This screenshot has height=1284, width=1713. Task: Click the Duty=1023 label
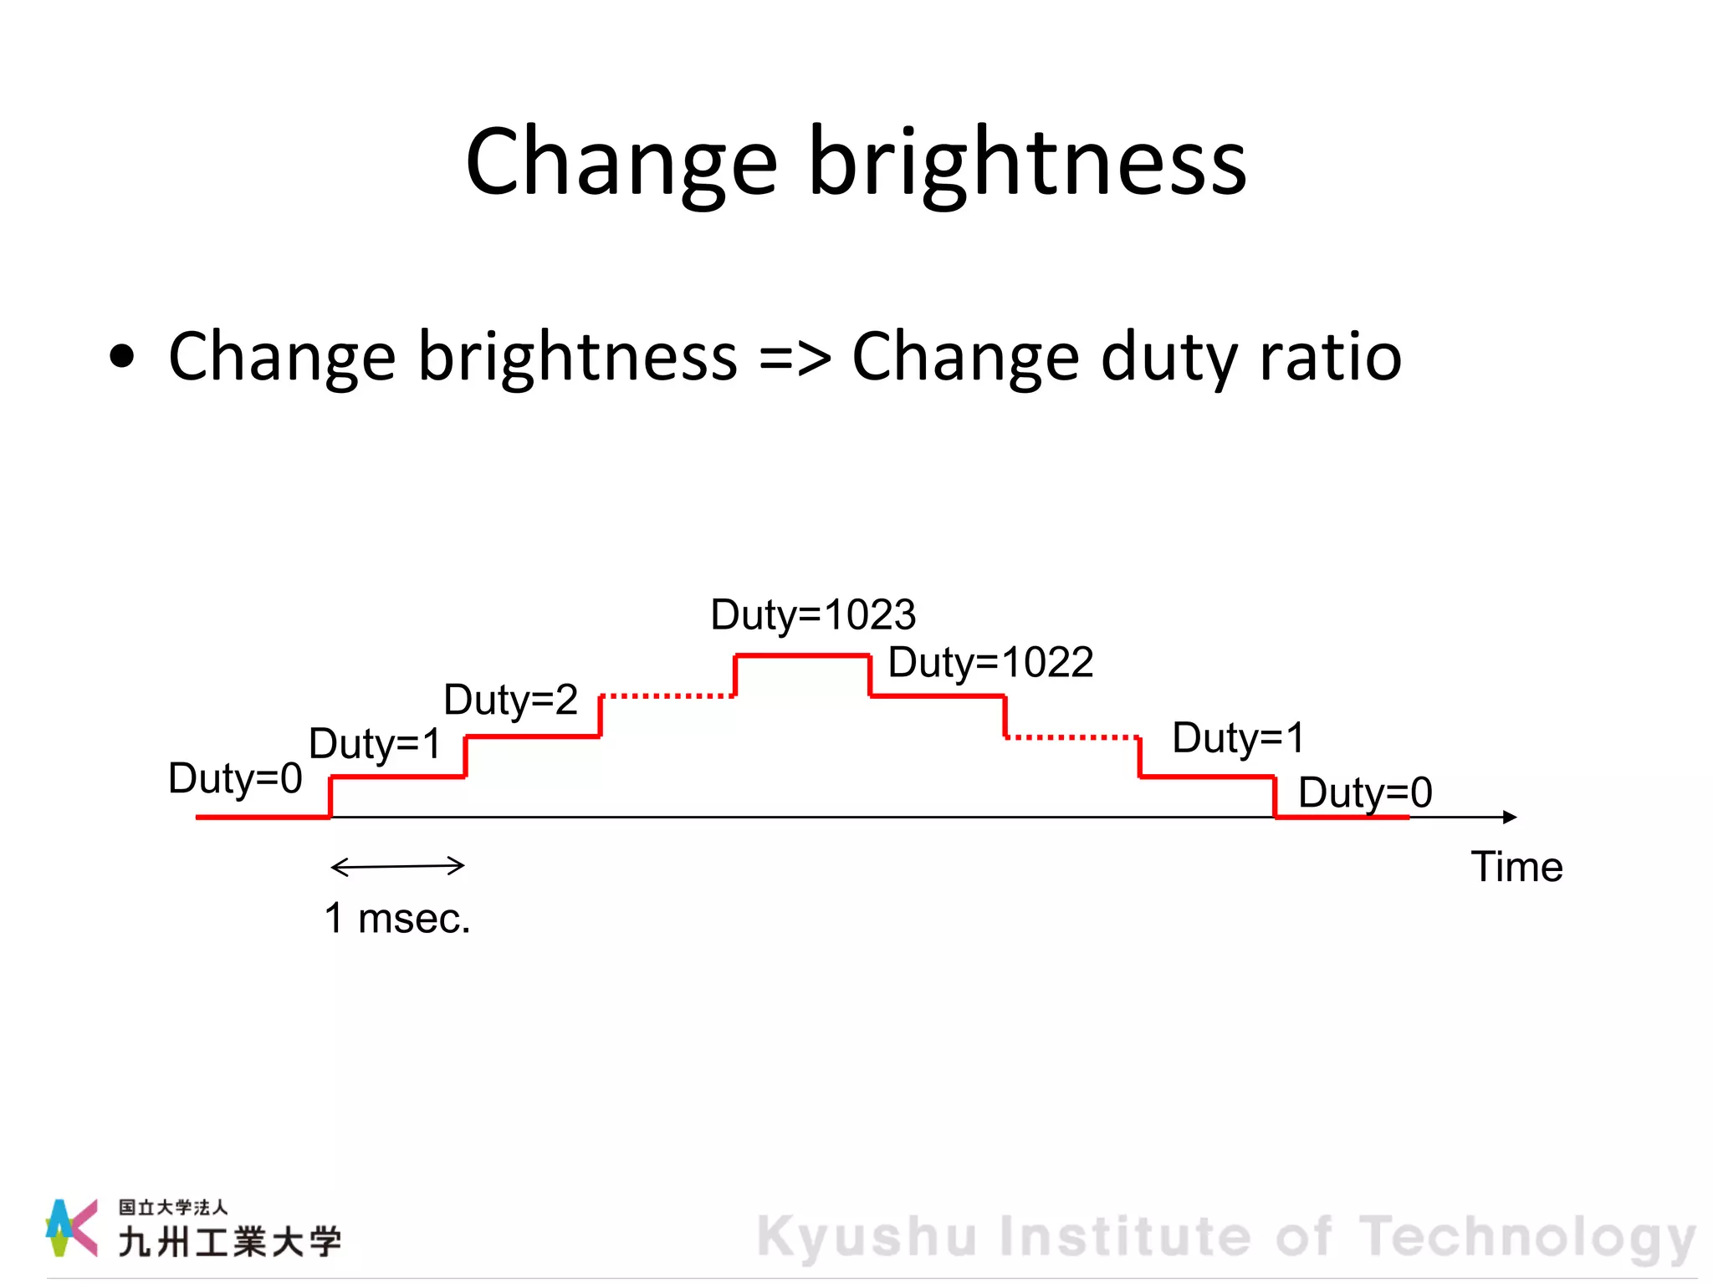pos(813,615)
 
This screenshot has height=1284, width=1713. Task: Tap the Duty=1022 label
pos(990,663)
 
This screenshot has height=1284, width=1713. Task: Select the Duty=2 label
pos(510,700)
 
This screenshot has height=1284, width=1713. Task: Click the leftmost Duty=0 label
pos(235,778)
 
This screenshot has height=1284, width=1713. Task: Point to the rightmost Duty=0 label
pos(1365,792)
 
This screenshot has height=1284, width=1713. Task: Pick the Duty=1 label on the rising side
pos(375,743)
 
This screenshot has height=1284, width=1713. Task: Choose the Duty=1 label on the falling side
pos(1238,738)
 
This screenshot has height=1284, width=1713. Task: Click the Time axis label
pos(1516,867)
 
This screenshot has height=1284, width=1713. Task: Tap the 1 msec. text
pos(397,919)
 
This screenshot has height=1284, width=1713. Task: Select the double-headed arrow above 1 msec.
pos(397,866)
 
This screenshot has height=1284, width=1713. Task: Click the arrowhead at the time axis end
pos(1510,817)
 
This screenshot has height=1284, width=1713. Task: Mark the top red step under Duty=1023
pos(802,656)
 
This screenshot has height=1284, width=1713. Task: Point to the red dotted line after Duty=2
pos(667,695)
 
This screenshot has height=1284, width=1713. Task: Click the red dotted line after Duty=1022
pos(1071,737)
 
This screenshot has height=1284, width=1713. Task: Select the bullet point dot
pos(122,357)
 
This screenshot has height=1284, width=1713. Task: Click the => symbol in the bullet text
pos(795,357)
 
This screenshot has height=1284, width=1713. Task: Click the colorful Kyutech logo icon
pos(70,1227)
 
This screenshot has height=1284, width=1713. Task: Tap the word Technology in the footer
pos(1526,1236)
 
